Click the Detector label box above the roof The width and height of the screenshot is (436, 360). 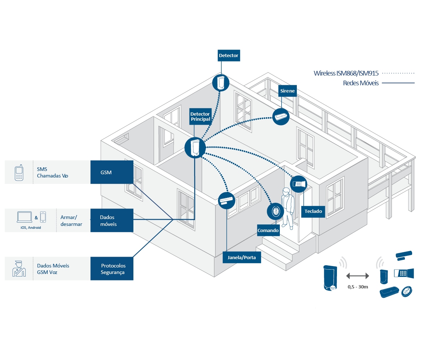229,56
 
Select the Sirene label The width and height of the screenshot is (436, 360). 287,91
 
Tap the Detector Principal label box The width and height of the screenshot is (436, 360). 200,116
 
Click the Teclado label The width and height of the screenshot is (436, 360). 313,211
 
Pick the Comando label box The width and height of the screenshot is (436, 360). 268,231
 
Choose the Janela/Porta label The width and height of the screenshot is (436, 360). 241,258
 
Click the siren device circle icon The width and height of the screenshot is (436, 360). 281,117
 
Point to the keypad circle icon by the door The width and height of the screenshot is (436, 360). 299,184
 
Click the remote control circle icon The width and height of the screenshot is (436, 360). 275,211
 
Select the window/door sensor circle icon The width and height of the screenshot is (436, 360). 227,201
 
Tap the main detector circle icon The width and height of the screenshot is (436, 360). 195,147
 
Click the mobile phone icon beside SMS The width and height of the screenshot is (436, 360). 19,173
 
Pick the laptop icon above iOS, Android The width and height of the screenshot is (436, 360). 24,217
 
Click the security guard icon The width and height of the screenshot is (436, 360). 19,269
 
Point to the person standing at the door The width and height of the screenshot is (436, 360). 288,208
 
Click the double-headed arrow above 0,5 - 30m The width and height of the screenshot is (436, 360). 358,276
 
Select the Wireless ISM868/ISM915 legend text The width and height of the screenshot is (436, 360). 346,73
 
